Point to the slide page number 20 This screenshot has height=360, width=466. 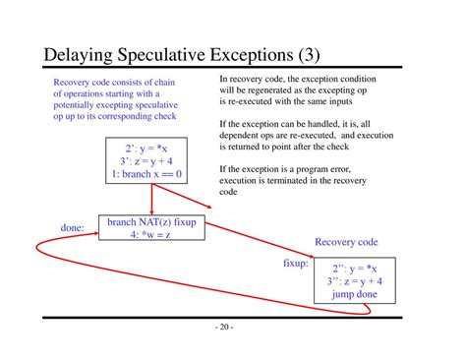click(x=232, y=328)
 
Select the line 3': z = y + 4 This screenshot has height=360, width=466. click(x=145, y=160)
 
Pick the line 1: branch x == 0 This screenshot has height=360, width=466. click(x=145, y=174)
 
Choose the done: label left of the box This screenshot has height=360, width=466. click(x=73, y=228)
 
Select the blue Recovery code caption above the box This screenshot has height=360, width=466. click(x=346, y=242)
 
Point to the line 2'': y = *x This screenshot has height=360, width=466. click(x=357, y=268)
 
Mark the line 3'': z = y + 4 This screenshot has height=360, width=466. click(x=357, y=281)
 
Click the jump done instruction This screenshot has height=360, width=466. click(x=357, y=294)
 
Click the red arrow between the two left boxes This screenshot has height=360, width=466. click(x=151, y=199)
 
